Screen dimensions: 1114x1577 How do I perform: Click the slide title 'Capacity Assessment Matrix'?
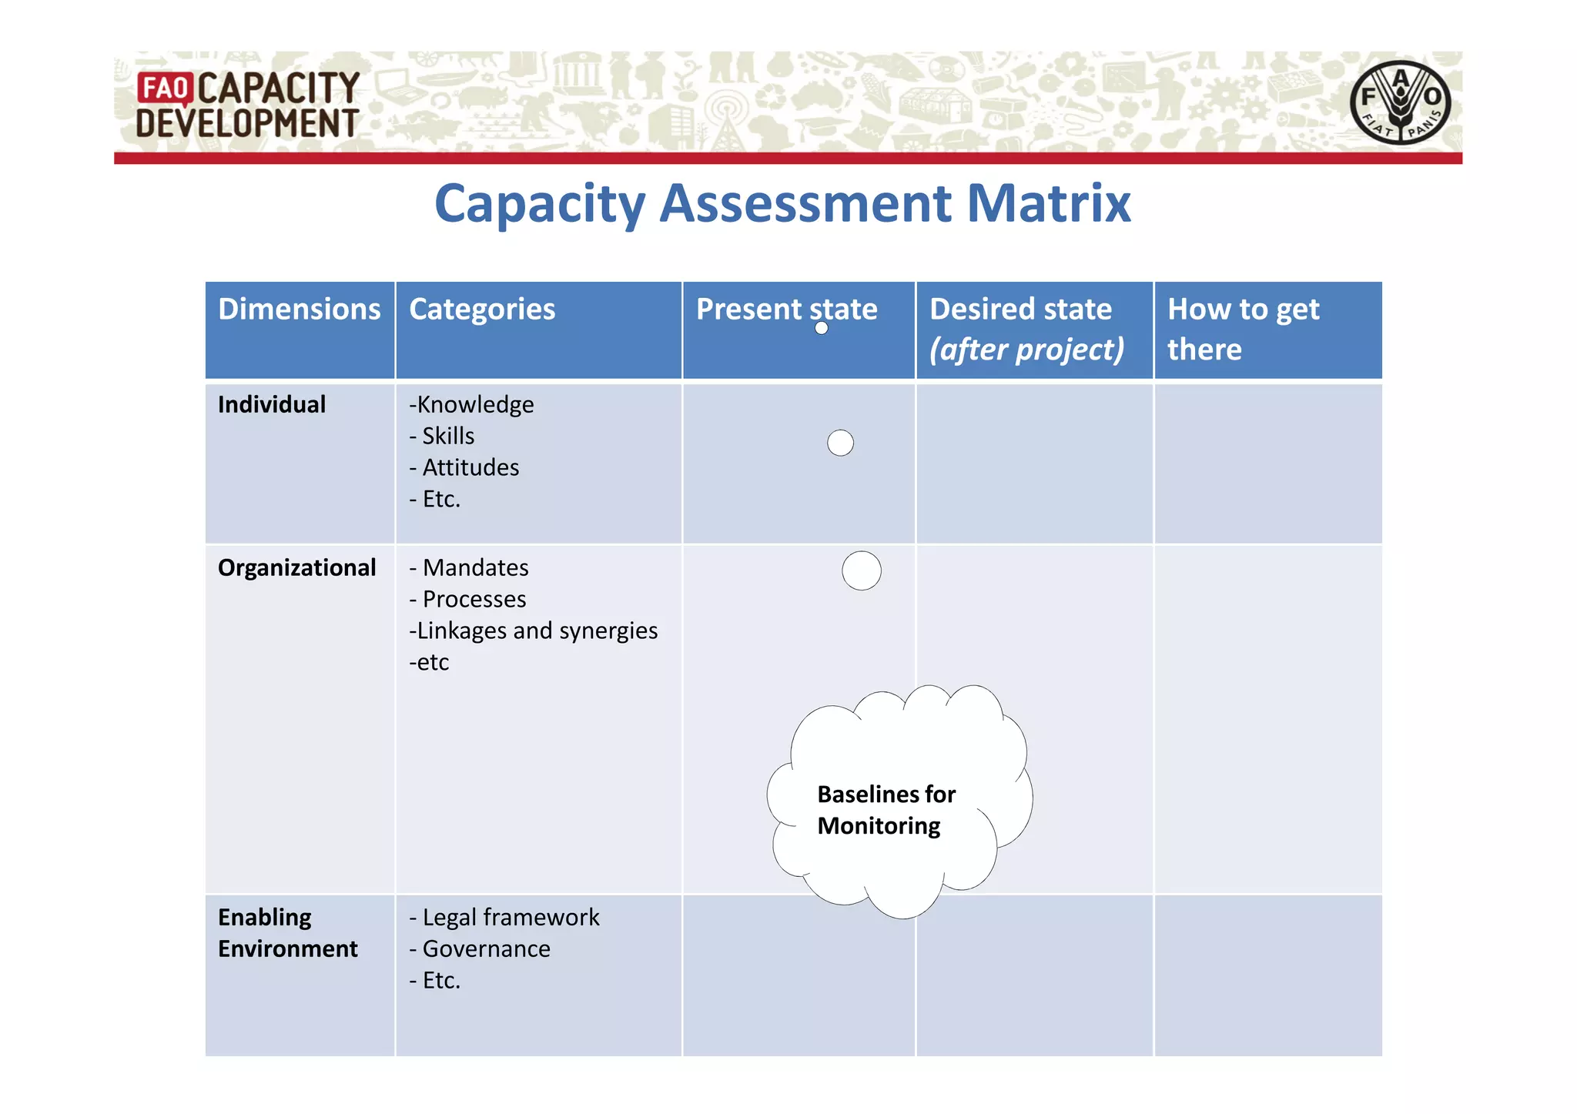pyautogui.click(x=782, y=203)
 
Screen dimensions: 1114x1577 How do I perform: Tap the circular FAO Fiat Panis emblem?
pyautogui.click(x=1400, y=103)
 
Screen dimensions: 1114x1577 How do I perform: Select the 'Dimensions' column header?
pyautogui.click(x=299, y=309)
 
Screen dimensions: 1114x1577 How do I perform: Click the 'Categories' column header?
pyautogui.click(x=482, y=309)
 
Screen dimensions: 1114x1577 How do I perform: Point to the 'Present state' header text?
pyautogui.click(x=786, y=309)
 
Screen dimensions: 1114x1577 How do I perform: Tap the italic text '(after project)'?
pyautogui.click(x=1026, y=350)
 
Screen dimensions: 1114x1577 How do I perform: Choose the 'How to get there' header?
pyautogui.click(x=1243, y=329)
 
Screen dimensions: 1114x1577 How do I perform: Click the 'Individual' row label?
pyautogui.click(x=272, y=404)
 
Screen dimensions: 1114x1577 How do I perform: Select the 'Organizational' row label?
pyautogui.click(x=296, y=567)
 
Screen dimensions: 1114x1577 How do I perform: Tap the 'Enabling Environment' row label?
pyautogui.click(x=287, y=932)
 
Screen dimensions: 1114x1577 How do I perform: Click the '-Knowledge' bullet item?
pyautogui.click(x=471, y=404)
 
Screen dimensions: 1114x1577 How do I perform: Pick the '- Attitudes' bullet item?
pyautogui.click(x=464, y=467)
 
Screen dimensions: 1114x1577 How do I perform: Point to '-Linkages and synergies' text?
pyautogui.click(x=533, y=631)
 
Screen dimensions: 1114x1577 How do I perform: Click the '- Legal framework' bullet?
pyautogui.click(x=504, y=917)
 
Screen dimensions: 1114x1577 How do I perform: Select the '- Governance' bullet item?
pyautogui.click(x=480, y=948)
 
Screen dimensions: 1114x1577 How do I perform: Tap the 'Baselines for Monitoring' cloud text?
pyautogui.click(x=886, y=810)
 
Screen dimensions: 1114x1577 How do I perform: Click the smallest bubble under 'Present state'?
pyautogui.click(x=822, y=328)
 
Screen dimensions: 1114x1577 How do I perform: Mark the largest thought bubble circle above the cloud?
pyautogui.click(x=862, y=570)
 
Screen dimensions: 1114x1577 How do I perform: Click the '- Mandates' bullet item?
pyautogui.click(x=469, y=567)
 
